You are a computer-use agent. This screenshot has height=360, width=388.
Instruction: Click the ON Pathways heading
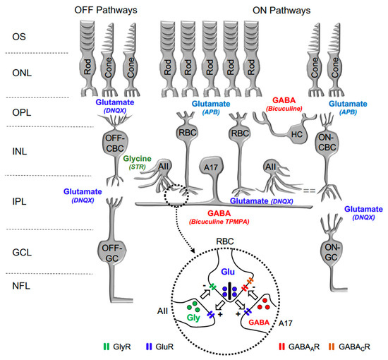pos(269,9)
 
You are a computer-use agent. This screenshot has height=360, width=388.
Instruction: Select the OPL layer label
pos(30,112)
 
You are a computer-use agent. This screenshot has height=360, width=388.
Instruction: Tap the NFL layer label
pos(30,288)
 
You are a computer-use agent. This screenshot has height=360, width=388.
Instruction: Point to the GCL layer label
pos(30,248)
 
